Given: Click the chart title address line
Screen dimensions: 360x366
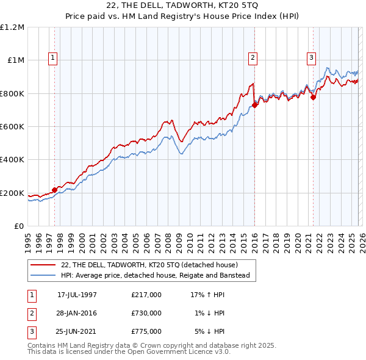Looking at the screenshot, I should click(x=182, y=6).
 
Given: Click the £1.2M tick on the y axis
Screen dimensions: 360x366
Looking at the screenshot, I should click(x=12, y=27).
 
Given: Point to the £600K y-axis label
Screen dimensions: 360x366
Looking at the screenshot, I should click(x=12, y=127).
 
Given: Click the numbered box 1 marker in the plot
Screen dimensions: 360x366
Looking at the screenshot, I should click(x=53, y=58).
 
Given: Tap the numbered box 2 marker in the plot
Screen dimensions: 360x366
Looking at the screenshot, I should click(x=253, y=58).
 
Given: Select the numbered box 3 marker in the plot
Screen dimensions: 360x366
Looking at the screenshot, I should click(x=311, y=58).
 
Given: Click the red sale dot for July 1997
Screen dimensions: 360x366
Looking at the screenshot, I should click(x=54, y=190).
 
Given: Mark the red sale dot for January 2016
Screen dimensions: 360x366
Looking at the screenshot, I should click(x=254, y=105).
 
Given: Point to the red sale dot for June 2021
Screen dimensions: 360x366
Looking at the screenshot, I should click(x=313, y=97).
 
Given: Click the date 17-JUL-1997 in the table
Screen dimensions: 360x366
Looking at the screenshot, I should click(x=77, y=295).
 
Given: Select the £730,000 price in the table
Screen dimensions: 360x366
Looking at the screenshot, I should click(x=146, y=313).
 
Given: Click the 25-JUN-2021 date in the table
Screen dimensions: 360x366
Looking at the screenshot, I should click(x=77, y=331).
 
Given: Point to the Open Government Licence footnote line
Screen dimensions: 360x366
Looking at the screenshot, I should click(x=129, y=352).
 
